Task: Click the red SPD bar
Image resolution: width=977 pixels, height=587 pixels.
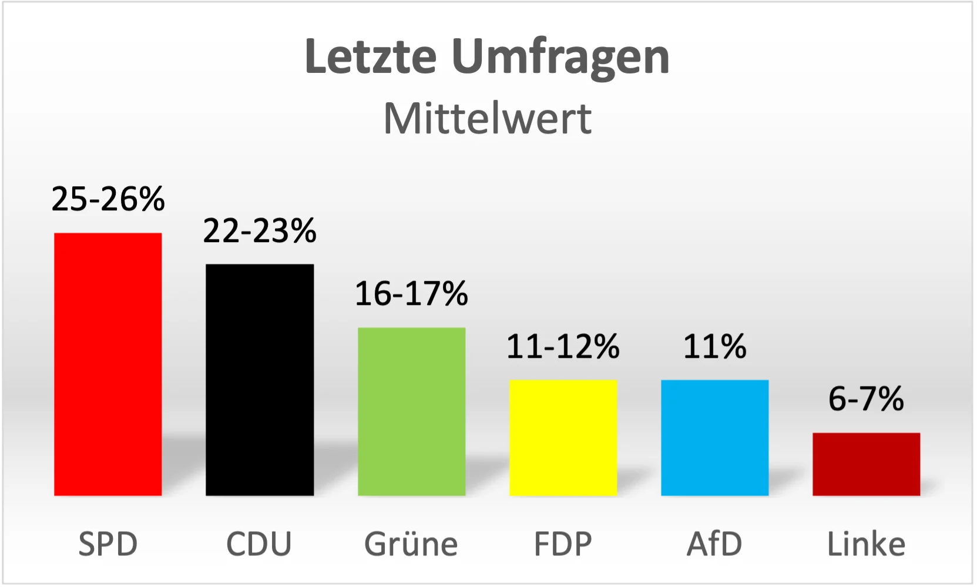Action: [108, 364]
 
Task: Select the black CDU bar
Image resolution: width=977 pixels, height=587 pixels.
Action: [260, 380]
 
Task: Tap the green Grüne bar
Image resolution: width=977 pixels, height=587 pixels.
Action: [411, 411]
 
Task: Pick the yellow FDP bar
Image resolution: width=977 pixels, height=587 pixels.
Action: [563, 438]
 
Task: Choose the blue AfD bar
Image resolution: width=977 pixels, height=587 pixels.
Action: [714, 438]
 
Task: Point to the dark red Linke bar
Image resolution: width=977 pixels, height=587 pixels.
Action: [866, 464]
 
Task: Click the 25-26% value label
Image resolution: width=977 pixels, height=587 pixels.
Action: [108, 199]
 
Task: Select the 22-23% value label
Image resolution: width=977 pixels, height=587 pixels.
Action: [260, 231]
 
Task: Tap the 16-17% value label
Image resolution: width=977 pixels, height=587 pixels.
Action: [411, 294]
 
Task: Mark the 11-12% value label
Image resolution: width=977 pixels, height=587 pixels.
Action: [563, 347]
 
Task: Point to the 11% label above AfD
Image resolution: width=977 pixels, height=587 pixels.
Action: [714, 347]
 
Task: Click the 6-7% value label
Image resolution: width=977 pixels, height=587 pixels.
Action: [866, 400]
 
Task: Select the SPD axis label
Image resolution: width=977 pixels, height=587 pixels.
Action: [108, 544]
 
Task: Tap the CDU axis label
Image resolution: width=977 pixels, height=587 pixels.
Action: [259, 544]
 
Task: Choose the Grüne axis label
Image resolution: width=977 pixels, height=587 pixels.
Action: [411, 544]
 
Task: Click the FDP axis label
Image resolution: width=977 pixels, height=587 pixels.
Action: [563, 544]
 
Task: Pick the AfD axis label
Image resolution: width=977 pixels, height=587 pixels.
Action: [714, 544]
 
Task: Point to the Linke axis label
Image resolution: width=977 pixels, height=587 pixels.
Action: [866, 544]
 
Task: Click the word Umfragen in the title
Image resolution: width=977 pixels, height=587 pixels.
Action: [560, 58]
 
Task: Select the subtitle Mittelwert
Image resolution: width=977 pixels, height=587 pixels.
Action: [488, 119]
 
